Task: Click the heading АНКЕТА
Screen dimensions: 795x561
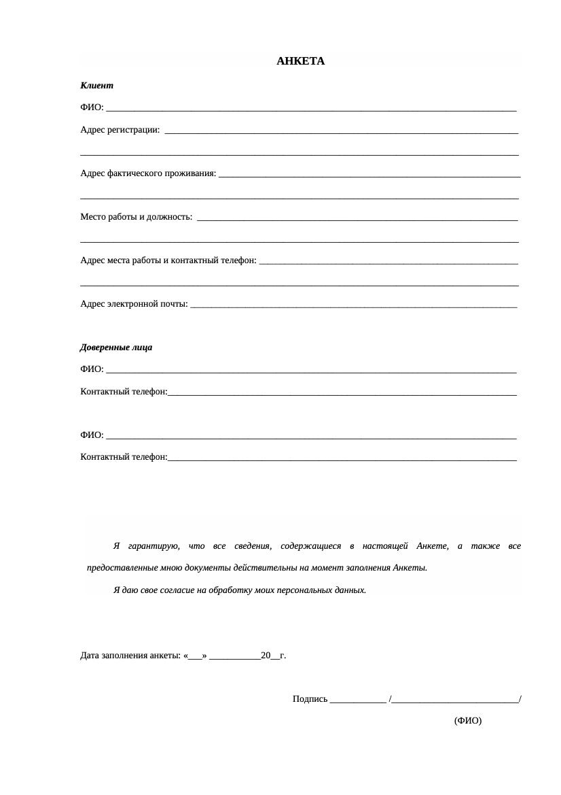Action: click(300, 61)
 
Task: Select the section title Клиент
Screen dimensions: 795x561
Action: click(96, 86)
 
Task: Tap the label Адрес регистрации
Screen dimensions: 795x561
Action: click(120, 130)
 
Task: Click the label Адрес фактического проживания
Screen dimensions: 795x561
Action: click(147, 173)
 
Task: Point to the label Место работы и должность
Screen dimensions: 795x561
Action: click(135, 217)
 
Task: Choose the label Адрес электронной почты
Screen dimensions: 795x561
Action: click(133, 304)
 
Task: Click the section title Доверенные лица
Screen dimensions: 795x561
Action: click(116, 348)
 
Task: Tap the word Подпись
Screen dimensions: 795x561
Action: click(310, 699)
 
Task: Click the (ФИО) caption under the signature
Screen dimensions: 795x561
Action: click(467, 721)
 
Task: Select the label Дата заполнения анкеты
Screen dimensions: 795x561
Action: click(130, 656)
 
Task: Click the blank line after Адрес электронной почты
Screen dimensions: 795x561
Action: click(353, 305)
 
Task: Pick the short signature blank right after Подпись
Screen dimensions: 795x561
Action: click(358, 700)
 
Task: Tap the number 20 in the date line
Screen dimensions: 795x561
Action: click(266, 656)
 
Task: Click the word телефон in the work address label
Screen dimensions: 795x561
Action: click(239, 260)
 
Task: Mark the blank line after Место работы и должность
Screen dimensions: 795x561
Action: click(357, 218)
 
